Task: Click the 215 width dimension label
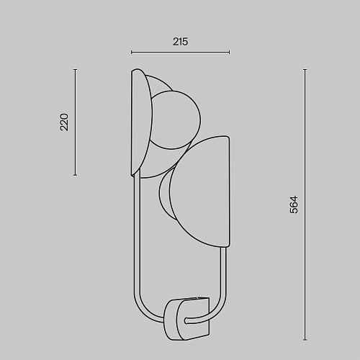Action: pos(180,42)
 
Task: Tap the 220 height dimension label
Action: pos(64,122)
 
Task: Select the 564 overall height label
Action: pos(294,204)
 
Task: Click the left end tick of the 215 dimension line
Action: pos(131,52)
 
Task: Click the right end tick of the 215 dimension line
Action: pos(230,52)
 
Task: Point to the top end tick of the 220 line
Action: pos(76,70)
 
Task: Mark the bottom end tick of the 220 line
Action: pos(76,175)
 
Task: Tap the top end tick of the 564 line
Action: pos(305,70)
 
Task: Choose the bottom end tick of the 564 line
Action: pos(305,339)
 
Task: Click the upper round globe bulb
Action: pos(176,120)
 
